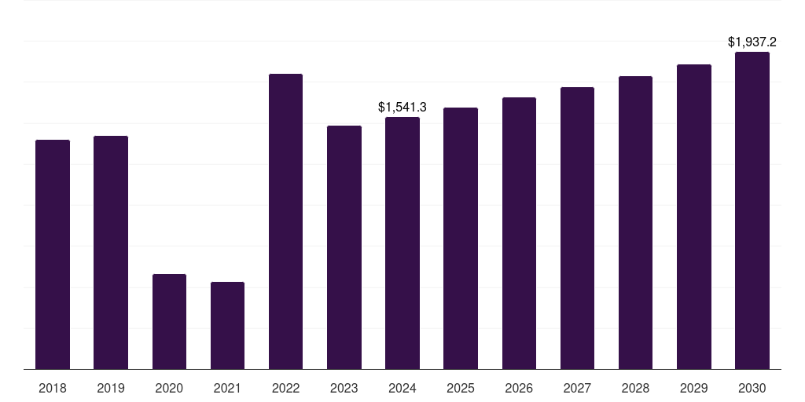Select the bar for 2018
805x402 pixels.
click(53, 254)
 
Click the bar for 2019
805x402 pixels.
click(111, 252)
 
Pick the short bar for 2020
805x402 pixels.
click(169, 321)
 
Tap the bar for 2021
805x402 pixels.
click(227, 325)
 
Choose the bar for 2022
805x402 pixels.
click(285, 221)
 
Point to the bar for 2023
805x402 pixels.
click(344, 247)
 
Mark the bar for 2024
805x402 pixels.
click(402, 243)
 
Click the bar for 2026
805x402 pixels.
click(519, 233)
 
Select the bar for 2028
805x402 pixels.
click(635, 222)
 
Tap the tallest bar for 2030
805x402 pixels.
click(752, 210)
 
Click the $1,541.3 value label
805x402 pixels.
click(402, 107)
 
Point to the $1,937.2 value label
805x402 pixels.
click(752, 42)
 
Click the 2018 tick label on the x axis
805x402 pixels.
click(53, 388)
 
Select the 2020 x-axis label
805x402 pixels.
click(169, 388)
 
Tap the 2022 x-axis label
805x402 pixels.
click(285, 388)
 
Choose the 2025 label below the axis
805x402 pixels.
click(461, 388)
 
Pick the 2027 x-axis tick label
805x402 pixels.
click(577, 388)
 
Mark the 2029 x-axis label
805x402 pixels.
click(694, 388)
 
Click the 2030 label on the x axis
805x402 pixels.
click(752, 388)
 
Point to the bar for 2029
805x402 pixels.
click(694, 217)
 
